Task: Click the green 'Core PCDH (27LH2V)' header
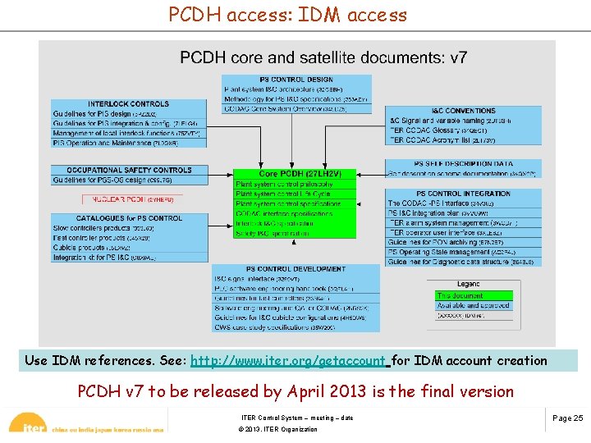[x=295, y=174]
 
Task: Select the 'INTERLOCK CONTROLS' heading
[x=128, y=104]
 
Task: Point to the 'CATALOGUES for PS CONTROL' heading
[x=129, y=218]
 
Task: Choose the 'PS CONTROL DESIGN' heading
[x=296, y=80]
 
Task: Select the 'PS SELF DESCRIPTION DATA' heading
[x=463, y=164]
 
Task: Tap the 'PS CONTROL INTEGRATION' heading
[x=463, y=194]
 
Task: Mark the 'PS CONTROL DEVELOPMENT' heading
[x=296, y=269]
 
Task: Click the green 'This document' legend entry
[x=474, y=295]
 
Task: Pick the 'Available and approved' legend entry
[x=474, y=305]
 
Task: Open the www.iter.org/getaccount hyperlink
[x=287, y=361]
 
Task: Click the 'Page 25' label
[x=567, y=418]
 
